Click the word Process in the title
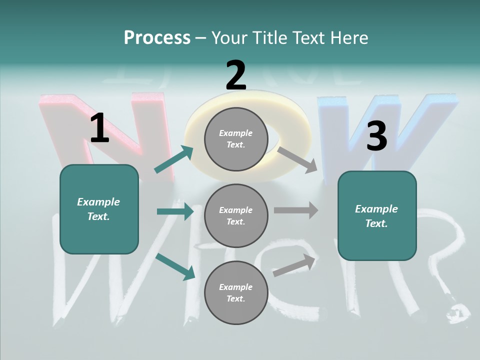[157, 38]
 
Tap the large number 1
[99, 128]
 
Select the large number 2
[235, 75]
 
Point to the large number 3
[376, 136]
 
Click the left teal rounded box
[99, 209]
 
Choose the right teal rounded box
[377, 215]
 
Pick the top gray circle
[236, 139]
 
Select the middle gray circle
[236, 215]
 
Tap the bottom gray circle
[236, 292]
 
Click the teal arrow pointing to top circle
[174, 159]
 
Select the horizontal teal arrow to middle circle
[175, 211]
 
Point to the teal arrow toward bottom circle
[175, 266]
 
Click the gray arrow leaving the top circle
[297, 159]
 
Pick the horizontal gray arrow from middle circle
[296, 210]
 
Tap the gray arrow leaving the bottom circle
[294, 265]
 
